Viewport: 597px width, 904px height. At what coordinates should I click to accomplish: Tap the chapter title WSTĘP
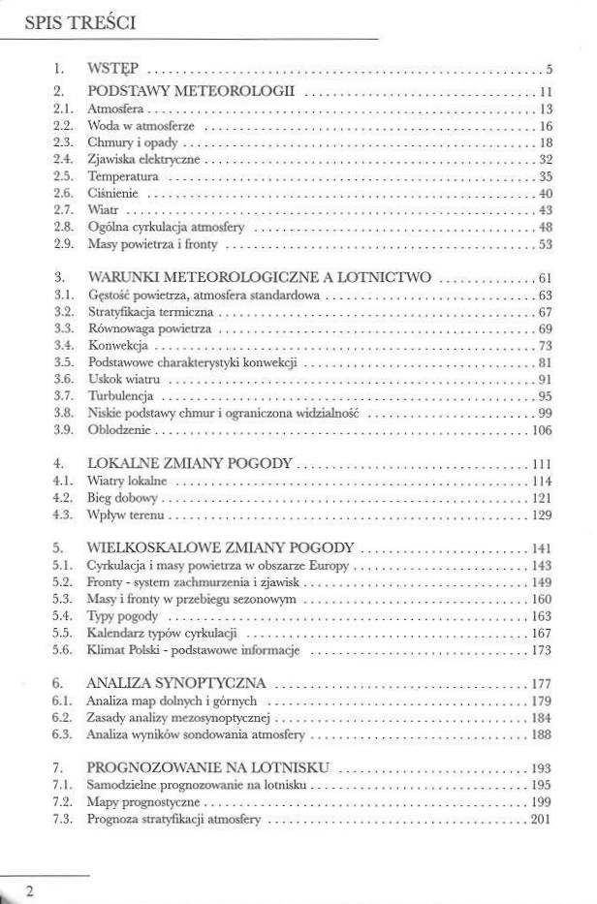click(112, 69)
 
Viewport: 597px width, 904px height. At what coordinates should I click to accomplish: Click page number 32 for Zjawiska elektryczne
click(545, 158)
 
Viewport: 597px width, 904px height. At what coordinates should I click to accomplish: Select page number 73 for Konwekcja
click(545, 345)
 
